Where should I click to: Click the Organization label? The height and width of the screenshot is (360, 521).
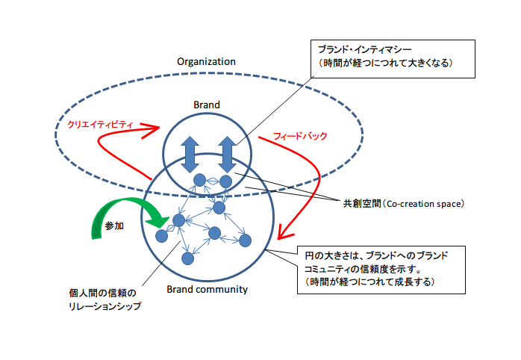[x=205, y=61]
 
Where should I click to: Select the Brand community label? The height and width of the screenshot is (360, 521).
[x=207, y=289]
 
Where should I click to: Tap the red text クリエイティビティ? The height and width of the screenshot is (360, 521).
[x=100, y=125]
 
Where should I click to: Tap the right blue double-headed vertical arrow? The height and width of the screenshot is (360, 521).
[x=228, y=152]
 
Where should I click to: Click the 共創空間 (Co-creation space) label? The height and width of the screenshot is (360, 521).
[x=404, y=202]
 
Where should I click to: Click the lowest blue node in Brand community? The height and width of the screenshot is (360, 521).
[x=188, y=258]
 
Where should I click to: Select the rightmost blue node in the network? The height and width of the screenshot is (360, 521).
[x=245, y=240]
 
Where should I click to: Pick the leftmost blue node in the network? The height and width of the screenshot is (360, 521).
[x=161, y=236]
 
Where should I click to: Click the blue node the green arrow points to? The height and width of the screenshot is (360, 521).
[x=178, y=220]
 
